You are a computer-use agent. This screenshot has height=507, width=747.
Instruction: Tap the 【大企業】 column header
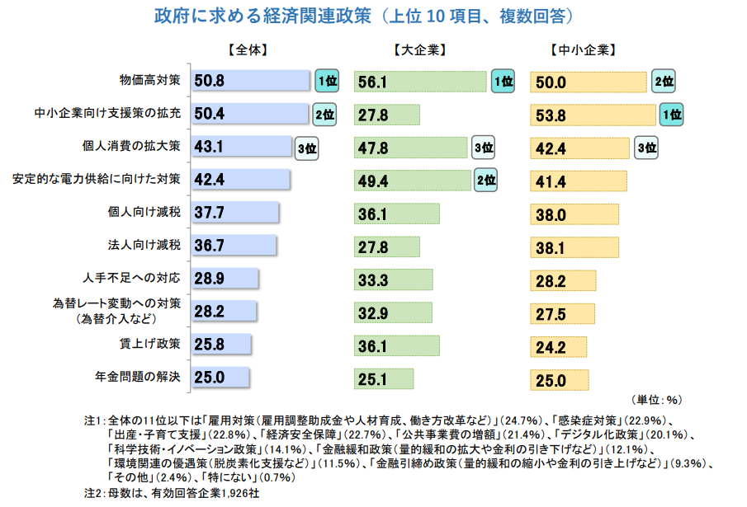[420, 49]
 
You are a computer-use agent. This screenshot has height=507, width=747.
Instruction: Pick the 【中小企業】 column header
[581, 49]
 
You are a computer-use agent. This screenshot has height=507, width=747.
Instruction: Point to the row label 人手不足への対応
[139, 278]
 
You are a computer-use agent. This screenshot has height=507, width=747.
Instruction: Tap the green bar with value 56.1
[420, 81]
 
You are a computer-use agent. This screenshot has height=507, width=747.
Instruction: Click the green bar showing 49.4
[413, 180]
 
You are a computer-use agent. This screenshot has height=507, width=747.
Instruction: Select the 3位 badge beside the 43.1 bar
[306, 148]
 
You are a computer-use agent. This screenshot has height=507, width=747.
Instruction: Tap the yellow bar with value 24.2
[558, 346]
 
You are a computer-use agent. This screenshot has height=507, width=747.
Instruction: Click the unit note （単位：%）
[657, 400]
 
